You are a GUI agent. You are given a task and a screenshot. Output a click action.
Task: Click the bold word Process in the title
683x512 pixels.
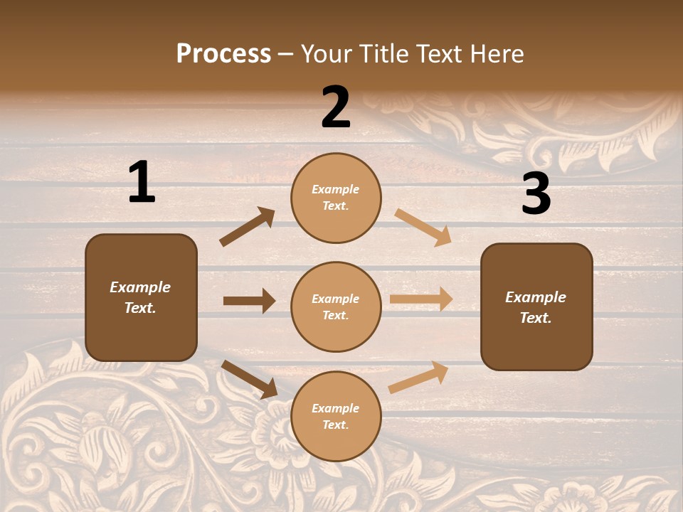[223, 53]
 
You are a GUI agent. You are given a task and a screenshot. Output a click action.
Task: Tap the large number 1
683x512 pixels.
[142, 182]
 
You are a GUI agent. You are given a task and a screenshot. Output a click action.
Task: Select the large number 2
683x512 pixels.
[336, 107]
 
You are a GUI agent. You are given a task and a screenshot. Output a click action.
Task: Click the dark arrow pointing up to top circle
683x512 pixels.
[248, 227]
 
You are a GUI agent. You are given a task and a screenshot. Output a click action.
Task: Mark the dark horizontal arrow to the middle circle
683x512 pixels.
[249, 301]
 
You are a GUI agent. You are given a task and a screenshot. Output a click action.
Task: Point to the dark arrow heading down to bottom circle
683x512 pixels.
[250, 379]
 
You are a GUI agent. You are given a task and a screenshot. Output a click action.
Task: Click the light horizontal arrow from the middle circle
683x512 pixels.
[421, 299]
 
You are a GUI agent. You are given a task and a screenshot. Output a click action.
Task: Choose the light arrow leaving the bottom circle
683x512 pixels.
[418, 378]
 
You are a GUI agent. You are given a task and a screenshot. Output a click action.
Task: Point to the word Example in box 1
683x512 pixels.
[140, 287]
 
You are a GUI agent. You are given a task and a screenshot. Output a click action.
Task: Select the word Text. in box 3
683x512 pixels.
[536, 318]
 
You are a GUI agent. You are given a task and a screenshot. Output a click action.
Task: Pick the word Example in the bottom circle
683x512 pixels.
[336, 408]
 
